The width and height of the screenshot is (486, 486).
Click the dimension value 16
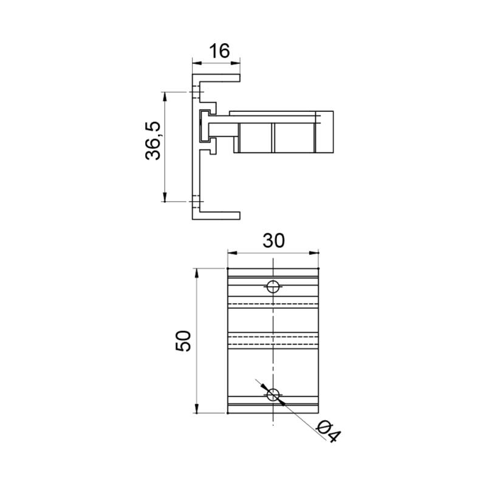[x=220, y=51]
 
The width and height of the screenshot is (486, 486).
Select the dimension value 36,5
[x=153, y=140]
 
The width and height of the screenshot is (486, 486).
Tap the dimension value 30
[x=273, y=241]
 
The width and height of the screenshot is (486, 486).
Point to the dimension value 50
[x=183, y=341]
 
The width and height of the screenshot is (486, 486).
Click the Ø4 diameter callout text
[x=329, y=431]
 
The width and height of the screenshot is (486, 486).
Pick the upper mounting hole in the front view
[x=273, y=287]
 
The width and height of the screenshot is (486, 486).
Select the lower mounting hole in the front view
[x=273, y=394]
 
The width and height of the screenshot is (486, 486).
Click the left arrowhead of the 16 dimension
[x=197, y=63]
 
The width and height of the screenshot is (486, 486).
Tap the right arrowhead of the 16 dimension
[x=235, y=63]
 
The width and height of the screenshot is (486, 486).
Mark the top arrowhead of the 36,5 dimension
[x=165, y=97]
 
